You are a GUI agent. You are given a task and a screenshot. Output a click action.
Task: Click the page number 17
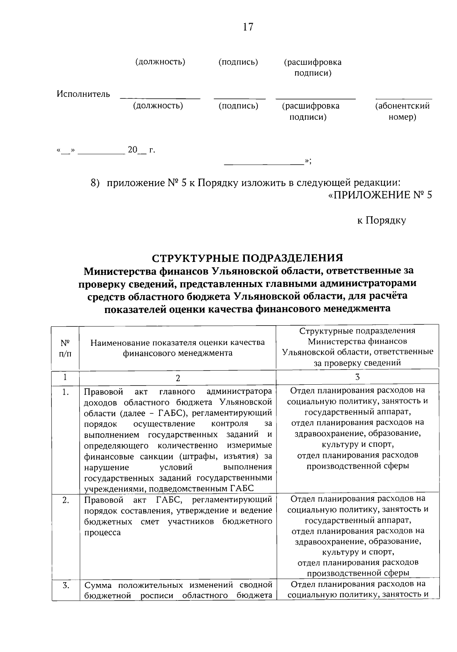click(x=248, y=27)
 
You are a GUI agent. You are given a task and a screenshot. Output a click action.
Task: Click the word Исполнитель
click(x=83, y=94)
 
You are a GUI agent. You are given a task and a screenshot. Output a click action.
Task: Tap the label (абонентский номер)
click(x=403, y=111)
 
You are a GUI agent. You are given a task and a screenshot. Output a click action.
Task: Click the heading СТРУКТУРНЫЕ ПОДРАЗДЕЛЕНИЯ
click(x=248, y=258)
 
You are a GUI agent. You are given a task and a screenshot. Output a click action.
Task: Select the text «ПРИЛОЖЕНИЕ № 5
click(x=380, y=195)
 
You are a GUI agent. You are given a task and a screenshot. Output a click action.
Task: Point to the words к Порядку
click(x=381, y=220)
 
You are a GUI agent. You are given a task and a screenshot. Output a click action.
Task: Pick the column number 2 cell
click(x=177, y=377)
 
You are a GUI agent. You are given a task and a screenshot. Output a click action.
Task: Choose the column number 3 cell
click(x=357, y=377)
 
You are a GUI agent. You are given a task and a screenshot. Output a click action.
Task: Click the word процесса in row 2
click(x=102, y=532)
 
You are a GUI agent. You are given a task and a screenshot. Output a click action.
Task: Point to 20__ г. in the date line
click(x=141, y=150)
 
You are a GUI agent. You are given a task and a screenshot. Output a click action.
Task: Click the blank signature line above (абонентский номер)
click(x=404, y=98)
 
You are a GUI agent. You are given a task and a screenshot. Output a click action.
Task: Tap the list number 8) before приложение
click(x=95, y=183)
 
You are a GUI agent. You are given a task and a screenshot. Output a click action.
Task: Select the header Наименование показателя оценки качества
click(x=177, y=342)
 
